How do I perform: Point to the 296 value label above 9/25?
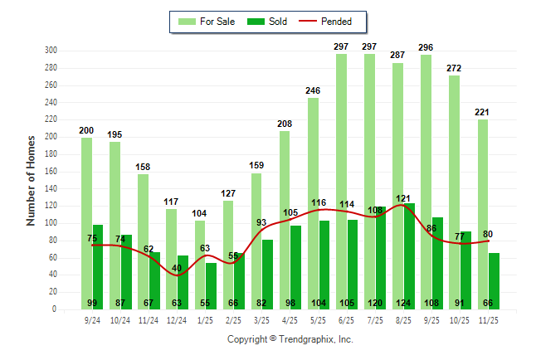pyautogui.click(x=426, y=47)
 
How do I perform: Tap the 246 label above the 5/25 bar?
pyautogui.click(x=313, y=90)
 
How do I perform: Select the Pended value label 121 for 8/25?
pyautogui.click(x=403, y=198)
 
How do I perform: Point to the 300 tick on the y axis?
pyautogui.click(x=50, y=51)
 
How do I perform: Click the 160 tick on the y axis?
pyautogui.click(x=50, y=172)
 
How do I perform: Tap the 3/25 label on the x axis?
pyautogui.click(x=261, y=319)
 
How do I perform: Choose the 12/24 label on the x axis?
pyautogui.click(x=177, y=319)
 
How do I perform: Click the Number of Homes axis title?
pyautogui.click(x=31, y=180)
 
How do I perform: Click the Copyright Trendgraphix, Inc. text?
pyautogui.click(x=290, y=339)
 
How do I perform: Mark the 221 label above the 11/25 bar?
pyautogui.click(x=483, y=112)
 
